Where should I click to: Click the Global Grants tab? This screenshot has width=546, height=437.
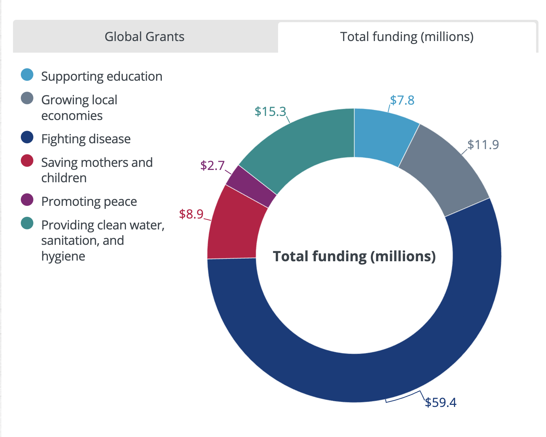pyautogui.click(x=144, y=37)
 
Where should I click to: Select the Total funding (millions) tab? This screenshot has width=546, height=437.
pyautogui.click(x=407, y=37)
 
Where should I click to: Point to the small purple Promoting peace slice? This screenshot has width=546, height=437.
pyautogui.click(x=251, y=186)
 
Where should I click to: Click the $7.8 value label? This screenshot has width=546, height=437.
pyautogui.click(x=402, y=100)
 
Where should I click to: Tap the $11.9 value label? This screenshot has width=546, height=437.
pyautogui.click(x=483, y=145)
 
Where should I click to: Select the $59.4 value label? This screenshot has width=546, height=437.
pyautogui.click(x=440, y=402)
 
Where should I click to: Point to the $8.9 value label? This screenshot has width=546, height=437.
pyautogui.click(x=191, y=214)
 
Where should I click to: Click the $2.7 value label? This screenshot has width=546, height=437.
pyautogui.click(x=212, y=165)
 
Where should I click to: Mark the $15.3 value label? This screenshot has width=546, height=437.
pyautogui.click(x=270, y=111)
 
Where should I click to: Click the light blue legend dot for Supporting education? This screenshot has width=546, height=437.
pyautogui.click(x=27, y=75)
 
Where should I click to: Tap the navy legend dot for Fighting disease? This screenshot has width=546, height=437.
pyautogui.click(x=27, y=137)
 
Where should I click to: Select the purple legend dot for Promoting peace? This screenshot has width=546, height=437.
pyautogui.click(x=27, y=200)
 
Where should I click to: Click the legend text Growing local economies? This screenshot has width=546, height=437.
pyautogui.click(x=79, y=108)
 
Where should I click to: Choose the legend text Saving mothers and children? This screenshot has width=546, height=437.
pyautogui.click(x=97, y=170)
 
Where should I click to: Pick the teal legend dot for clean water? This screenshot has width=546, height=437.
pyautogui.click(x=27, y=223)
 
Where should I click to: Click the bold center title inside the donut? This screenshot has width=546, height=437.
pyautogui.click(x=354, y=256)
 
